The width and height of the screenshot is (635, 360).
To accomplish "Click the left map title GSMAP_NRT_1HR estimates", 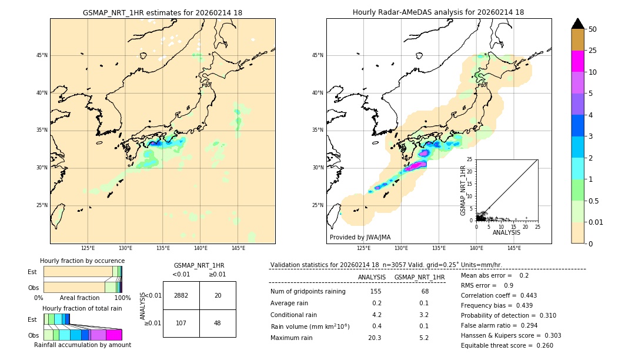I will point(162,12).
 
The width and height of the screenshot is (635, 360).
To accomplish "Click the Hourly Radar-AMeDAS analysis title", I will point(438,12).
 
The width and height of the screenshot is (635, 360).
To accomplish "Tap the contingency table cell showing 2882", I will point(181,295).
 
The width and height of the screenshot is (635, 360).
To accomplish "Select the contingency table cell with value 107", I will point(181,323).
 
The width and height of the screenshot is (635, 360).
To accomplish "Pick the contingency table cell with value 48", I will point(218,323).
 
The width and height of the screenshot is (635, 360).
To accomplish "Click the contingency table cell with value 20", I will point(218,295).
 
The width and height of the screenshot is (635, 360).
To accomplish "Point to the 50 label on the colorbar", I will point(593,29).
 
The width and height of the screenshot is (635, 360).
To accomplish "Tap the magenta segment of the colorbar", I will point(577,61).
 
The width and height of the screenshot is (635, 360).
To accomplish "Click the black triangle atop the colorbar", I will point(577,24).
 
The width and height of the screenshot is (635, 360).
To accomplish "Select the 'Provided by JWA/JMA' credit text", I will point(360,237).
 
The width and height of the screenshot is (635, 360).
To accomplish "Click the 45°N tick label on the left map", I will point(42,55).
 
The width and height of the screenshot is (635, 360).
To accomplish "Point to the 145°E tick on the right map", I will point(514,248).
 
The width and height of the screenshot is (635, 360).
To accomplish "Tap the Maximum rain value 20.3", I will point(375,338).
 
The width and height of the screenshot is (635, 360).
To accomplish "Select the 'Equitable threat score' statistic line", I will point(507,345).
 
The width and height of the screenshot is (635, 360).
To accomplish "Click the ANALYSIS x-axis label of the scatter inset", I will point(506,232).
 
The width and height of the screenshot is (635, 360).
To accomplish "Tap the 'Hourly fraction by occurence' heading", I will point(82,261).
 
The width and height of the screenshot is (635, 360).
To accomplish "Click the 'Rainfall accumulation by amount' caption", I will point(82,345).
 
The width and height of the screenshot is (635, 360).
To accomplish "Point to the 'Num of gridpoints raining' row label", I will point(308,291).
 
